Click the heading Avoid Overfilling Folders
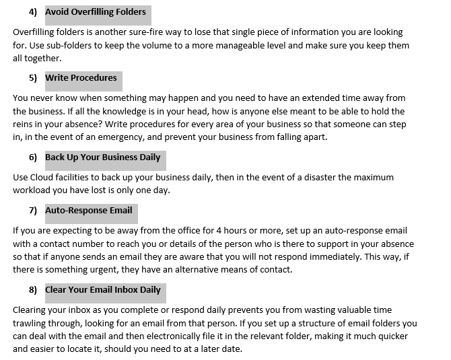(x=95, y=11)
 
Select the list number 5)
(x=33, y=78)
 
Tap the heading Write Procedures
(x=81, y=78)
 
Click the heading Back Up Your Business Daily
(x=103, y=157)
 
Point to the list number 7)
(x=33, y=211)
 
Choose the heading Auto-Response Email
(x=89, y=211)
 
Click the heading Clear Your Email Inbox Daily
(x=103, y=290)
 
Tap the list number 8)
(x=33, y=290)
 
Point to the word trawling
(x=30, y=323)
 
